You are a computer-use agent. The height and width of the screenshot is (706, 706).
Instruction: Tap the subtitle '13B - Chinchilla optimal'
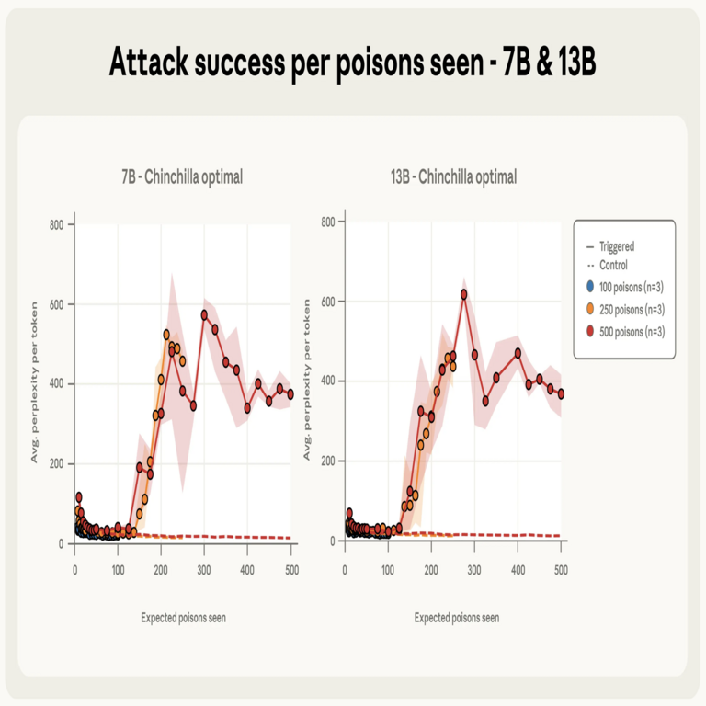click(453, 176)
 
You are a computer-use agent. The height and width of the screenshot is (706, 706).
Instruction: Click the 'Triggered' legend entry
click(616, 246)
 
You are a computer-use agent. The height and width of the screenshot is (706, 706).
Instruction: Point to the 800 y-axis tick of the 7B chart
click(56, 223)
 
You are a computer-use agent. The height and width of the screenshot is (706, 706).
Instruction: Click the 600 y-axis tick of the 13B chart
click(326, 301)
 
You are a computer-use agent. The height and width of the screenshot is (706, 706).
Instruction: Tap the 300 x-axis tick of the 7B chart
click(204, 571)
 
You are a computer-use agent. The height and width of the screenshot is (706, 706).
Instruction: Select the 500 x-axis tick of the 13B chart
click(561, 571)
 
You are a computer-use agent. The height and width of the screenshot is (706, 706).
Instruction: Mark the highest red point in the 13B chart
click(464, 294)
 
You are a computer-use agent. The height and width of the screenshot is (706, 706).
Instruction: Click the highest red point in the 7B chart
click(205, 314)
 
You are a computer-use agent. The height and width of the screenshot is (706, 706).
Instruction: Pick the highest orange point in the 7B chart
click(166, 335)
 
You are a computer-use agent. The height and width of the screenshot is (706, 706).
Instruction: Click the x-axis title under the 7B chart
click(183, 618)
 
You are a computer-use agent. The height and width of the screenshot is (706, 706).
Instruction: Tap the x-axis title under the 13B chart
click(456, 618)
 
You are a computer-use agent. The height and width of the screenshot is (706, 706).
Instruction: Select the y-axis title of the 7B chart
click(35, 381)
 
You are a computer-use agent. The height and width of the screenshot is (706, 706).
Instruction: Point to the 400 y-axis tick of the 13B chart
click(326, 381)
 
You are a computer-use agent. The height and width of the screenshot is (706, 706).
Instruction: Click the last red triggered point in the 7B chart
click(290, 394)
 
